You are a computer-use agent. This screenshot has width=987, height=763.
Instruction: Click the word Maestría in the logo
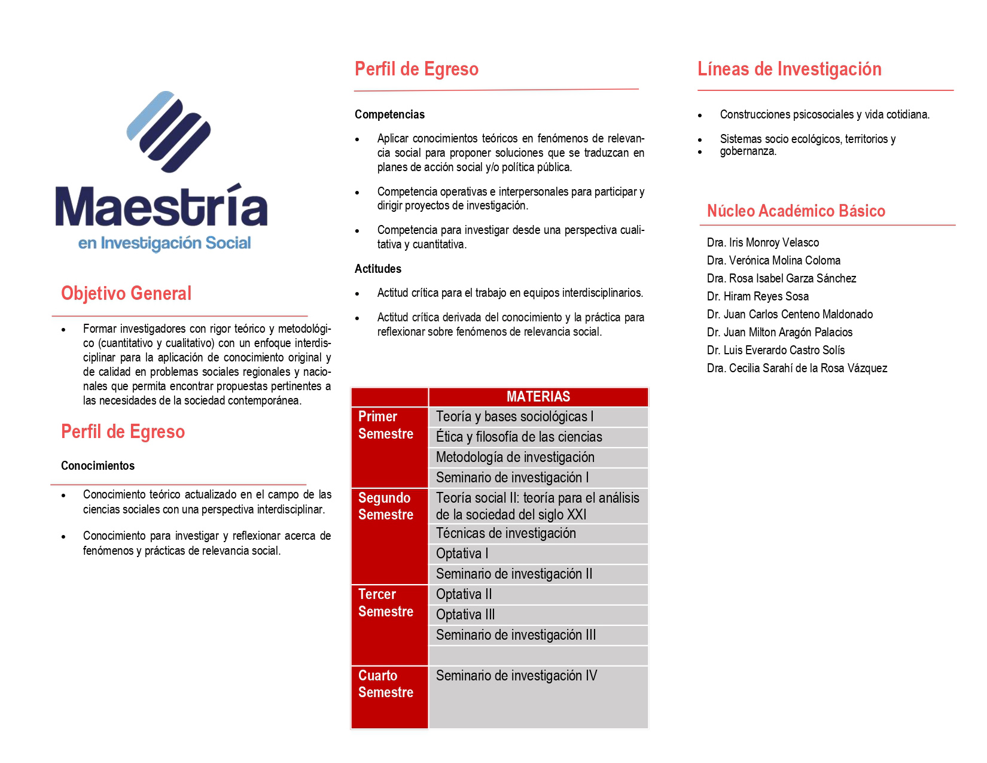point(162,206)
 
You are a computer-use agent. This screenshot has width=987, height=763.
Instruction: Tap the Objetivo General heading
point(126,293)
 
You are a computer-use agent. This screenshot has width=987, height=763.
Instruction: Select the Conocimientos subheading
point(98,466)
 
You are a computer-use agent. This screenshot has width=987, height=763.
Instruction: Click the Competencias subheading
point(389,114)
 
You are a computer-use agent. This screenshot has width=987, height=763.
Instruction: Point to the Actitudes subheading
point(377,269)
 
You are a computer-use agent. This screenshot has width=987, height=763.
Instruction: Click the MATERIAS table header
point(538,397)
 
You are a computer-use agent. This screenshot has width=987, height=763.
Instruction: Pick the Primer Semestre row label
point(386,425)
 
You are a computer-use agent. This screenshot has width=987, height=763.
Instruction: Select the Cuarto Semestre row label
point(386,684)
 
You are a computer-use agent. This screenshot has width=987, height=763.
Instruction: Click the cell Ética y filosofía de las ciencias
point(519,437)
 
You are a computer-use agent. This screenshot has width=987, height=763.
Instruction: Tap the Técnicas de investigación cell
point(505,533)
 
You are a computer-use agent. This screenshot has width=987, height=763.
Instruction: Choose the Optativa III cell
point(465,615)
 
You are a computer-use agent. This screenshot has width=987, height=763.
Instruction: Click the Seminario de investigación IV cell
point(516,676)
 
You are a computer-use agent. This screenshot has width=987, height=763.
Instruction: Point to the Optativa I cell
point(462,554)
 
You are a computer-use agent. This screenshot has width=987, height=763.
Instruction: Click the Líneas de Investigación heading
point(789,69)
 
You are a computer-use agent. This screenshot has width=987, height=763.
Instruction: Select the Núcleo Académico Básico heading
point(796,211)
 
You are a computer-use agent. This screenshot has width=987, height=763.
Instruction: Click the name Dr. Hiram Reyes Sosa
point(757,296)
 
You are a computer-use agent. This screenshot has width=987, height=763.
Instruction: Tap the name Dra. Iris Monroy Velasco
point(763,242)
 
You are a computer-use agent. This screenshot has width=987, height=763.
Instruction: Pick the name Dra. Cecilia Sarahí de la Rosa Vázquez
point(797,368)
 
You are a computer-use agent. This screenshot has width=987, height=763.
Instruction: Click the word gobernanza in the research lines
point(748,151)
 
